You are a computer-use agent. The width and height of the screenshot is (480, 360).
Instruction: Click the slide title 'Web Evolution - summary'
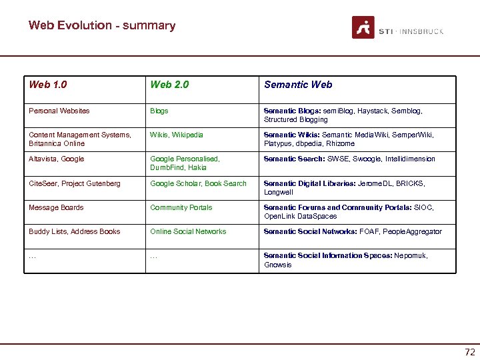[102, 25]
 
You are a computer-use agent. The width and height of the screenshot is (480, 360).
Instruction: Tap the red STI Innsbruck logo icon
[363, 27]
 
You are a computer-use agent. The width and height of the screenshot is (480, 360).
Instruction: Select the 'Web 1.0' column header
[48, 85]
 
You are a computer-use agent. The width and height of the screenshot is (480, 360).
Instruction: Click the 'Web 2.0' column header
[169, 85]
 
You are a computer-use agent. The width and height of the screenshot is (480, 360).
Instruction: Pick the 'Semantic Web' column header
[298, 85]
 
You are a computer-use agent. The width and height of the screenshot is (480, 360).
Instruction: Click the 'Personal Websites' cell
[59, 111]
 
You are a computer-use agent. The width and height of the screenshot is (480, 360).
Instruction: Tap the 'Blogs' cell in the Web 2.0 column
[159, 111]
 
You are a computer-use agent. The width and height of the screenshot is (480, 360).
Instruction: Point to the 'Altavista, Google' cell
[57, 159]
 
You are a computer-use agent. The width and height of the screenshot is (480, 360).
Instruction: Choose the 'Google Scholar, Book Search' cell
[198, 183]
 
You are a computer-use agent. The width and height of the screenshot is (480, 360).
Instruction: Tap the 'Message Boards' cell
[56, 207]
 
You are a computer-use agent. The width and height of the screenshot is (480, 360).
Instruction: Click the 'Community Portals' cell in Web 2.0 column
[181, 207]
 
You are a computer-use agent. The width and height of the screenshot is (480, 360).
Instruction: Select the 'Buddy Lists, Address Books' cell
[75, 231]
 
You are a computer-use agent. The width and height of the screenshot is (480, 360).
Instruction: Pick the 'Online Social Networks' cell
[188, 231]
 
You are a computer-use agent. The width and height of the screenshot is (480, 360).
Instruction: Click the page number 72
[469, 352]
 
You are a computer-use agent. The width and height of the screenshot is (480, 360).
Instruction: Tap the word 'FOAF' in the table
[369, 231]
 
